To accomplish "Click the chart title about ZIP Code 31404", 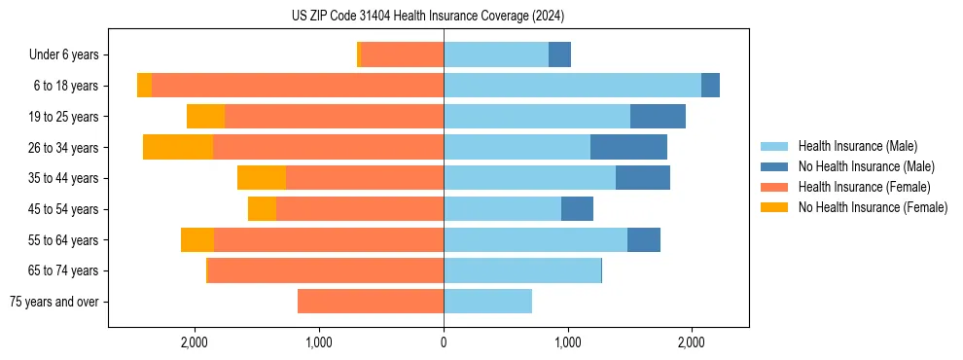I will [428, 17].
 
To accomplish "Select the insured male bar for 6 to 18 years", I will [572, 86].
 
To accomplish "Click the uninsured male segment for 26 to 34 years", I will [628, 147].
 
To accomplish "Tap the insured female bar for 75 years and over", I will [371, 302].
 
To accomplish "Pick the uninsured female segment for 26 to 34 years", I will [178, 147].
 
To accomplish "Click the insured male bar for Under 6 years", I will [496, 54].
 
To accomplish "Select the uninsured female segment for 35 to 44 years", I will [262, 178].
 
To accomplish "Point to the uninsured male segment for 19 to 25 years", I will [658, 117].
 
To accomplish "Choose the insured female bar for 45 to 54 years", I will [360, 209].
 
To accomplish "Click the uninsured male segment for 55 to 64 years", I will [644, 240].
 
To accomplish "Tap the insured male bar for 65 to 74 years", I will [522, 270].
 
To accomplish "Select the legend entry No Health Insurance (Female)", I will [873, 207].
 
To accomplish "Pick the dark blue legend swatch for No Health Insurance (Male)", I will [774, 166].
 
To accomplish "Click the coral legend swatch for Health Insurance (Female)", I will [774, 187].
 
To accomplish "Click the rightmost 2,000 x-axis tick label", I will [692, 342].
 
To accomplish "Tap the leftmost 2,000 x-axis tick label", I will [196, 342].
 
